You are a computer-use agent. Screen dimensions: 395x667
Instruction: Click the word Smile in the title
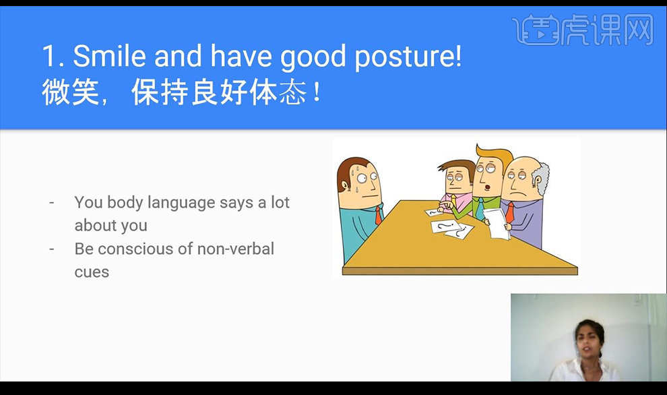pyautogui.click(x=110, y=57)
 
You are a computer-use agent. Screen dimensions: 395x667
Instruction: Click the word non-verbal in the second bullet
pyautogui.click(x=236, y=249)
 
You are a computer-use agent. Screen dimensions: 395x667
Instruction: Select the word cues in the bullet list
pyautogui.click(x=92, y=272)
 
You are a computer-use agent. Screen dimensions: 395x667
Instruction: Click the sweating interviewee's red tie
pyautogui.click(x=378, y=215)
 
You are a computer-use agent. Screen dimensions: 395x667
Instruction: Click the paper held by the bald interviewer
pyautogui.click(x=497, y=223)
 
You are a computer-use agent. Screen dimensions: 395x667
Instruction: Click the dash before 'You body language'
pyautogui.click(x=53, y=203)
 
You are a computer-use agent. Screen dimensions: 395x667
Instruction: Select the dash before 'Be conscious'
pyautogui.click(x=53, y=249)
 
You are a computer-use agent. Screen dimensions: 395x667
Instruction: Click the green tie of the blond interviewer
pyautogui.click(x=480, y=208)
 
